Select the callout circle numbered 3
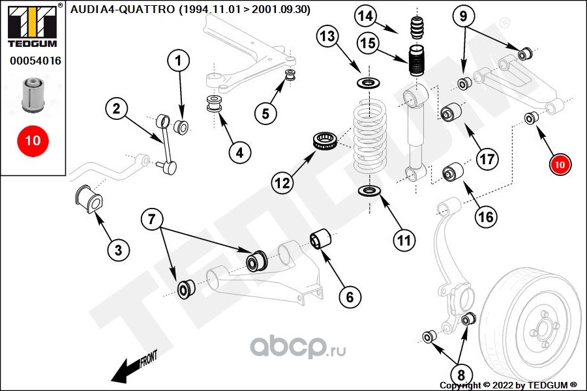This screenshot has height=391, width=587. point(118,249)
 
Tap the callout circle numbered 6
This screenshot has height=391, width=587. point(350,297)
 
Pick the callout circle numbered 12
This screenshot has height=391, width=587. point(282,183)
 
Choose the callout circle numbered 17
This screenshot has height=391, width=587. point(487,158)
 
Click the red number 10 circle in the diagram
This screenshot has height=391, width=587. point(560,165)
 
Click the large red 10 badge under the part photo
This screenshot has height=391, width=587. point(33,140)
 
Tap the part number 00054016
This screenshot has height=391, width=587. point(35,61)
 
